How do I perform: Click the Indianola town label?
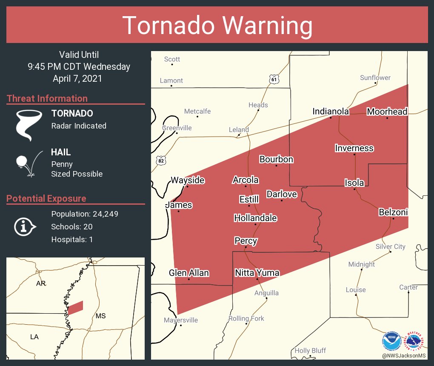tap(331, 112)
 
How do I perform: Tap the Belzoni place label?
tap(393, 212)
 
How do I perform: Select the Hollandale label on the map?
tap(255, 218)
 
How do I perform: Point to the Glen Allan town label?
tap(189, 273)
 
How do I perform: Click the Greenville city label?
tap(177, 128)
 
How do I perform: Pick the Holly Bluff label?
tap(310, 350)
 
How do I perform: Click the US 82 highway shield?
tap(161, 160)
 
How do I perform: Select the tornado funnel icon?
tap(29, 125)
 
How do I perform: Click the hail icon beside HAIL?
tap(29, 163)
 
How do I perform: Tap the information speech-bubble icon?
tap(25, 226)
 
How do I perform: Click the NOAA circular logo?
tap(391, 341)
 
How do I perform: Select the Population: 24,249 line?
tap(85, 214)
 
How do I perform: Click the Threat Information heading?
tap(47, 98)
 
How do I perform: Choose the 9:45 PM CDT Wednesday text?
tap(79, 66)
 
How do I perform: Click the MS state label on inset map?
tap(100, 316)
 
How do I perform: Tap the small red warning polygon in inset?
tap(76, 307)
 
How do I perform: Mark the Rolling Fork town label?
tap(246, 318)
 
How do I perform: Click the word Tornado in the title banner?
tap(168, 26)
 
